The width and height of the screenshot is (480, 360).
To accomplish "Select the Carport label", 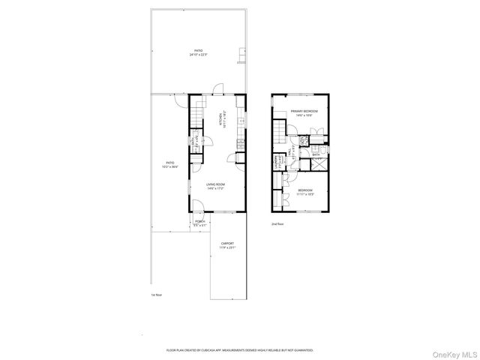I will click(x=226, y=245).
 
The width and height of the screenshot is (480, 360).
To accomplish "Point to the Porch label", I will click(x=200, y=223).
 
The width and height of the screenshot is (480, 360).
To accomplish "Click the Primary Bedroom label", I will click(x=304, y=112).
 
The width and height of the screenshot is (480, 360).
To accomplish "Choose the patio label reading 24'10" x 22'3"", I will click(x=198, y=52).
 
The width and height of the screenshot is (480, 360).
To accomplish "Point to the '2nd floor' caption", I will click(x=278, y=224).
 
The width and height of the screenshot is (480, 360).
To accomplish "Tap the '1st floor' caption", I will click(x=156, y=295).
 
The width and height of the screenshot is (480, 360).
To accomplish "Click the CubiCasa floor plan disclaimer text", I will click(x=239, y=349).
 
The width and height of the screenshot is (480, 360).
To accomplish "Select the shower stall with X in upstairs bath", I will click(x=317, y=166).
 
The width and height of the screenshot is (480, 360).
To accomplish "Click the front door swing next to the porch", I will click(x=196, y=208).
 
